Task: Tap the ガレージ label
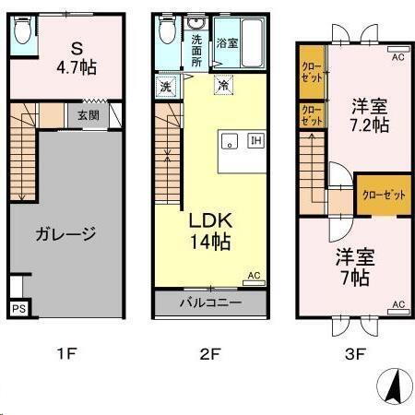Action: coord(65,233)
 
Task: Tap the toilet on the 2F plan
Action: coord(167,33)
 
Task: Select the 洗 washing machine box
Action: coord(165,86)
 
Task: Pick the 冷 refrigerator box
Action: coord(224,86)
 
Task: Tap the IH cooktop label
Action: coord(255,141)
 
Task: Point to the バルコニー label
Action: coord(210,302)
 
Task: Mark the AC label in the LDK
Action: coord(254,275)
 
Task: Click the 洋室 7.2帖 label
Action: coord(369,114)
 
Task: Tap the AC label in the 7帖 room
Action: coord(398,304)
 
